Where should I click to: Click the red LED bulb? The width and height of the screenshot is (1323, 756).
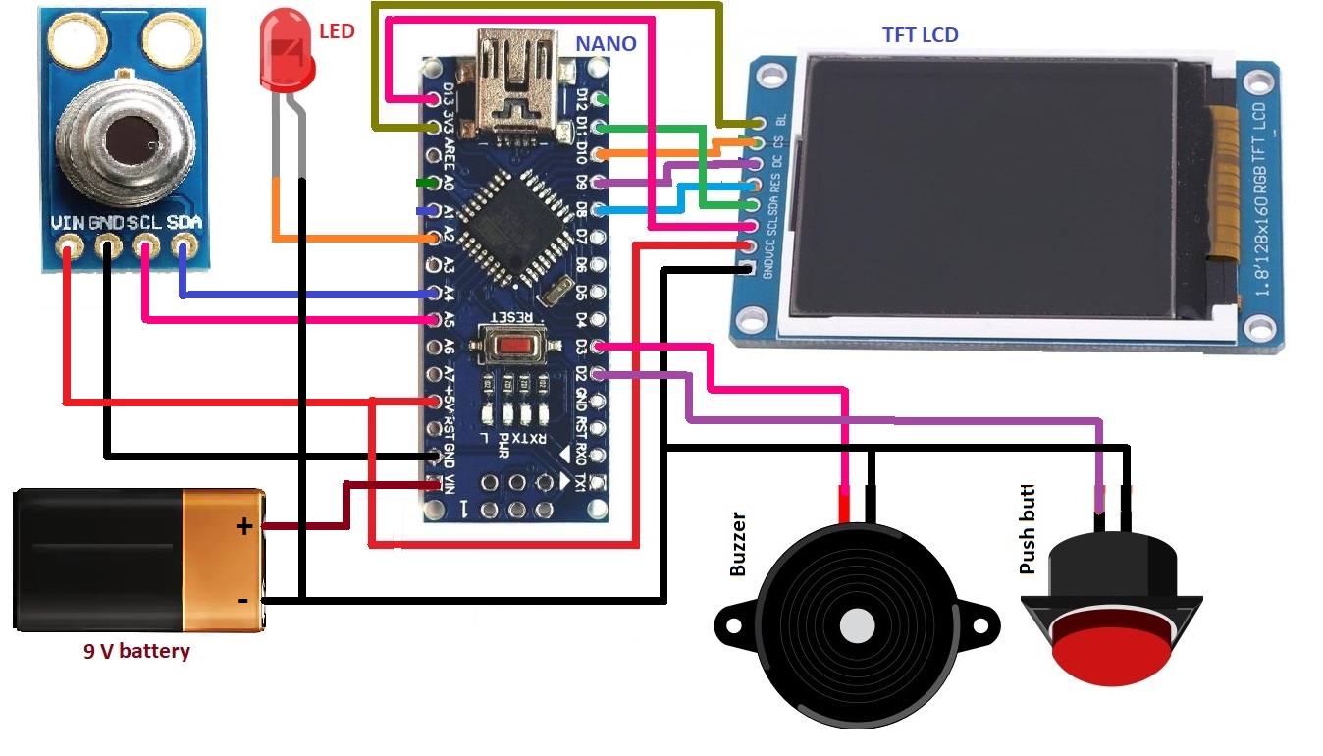[286, 54]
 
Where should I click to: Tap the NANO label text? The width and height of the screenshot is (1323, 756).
[606, 43]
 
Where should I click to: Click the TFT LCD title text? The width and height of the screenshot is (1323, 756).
[920, 35]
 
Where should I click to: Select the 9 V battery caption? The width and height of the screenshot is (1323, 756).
[136, 651]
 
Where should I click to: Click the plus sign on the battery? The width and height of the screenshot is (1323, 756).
[243, 527]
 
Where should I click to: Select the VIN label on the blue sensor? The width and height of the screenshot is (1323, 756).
[69, 223]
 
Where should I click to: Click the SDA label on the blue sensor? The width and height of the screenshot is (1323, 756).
[184, 223]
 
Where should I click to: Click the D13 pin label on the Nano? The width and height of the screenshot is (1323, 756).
[449, 96]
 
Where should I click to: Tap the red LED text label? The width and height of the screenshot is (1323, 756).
[337, 31]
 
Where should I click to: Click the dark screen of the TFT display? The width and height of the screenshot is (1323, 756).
[991, 191]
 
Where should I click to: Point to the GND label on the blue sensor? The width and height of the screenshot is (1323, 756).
[107, 223]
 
